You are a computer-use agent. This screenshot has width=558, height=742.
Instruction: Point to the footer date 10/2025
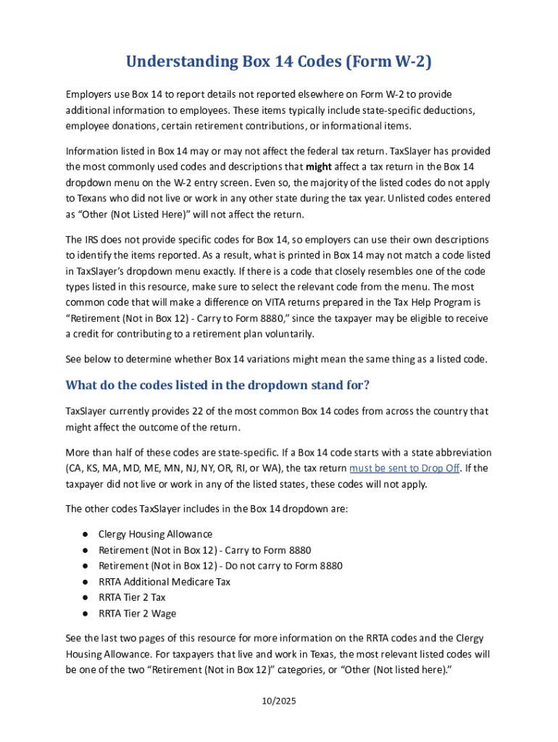tap(279, 701)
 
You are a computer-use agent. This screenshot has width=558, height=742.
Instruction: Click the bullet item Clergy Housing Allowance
tap(155, 534)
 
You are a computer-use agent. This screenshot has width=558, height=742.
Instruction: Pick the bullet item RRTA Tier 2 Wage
tap(137, 614)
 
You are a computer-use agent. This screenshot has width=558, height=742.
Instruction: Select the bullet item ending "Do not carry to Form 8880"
tap(220, 566)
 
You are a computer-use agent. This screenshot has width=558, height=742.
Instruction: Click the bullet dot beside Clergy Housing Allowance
tap(85, 534)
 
